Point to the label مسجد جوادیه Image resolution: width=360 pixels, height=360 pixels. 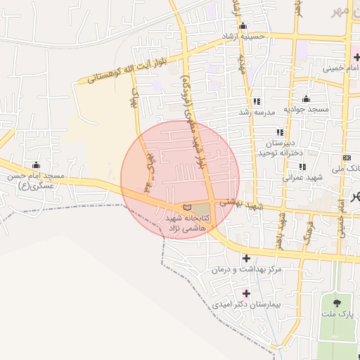pyautogui.click(x=307, y=110)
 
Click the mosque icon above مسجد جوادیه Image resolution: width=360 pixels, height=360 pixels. pyautogui.click(x=306, y=98)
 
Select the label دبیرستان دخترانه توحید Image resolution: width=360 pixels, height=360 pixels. pyautogui.click(x=280, y=147)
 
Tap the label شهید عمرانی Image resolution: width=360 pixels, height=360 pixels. pyautogui.click(x=302, y=178)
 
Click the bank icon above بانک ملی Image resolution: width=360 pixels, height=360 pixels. pyautogui.click(x=346, y=157)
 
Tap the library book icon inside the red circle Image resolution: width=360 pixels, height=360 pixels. pyautogui.click(x=186, y=207)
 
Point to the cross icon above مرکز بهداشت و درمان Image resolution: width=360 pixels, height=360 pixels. pyautogui.click(x=245, y=258)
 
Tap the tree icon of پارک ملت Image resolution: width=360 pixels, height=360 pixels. pyautogui.click(x=335, y=304)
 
